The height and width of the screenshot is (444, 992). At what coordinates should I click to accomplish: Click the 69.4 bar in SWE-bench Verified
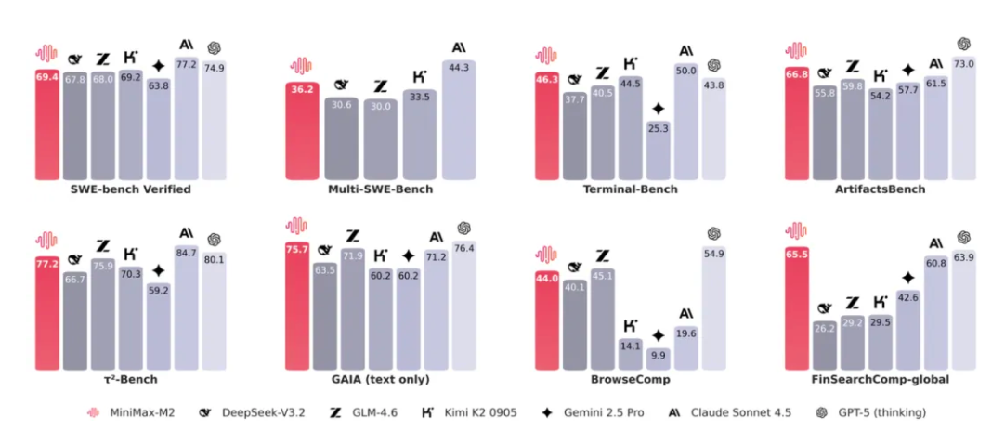pos(46,125)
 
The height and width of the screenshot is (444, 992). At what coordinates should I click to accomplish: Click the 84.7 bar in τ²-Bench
pos(186,307)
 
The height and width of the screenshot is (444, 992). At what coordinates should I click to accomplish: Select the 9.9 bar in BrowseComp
pos(659,359)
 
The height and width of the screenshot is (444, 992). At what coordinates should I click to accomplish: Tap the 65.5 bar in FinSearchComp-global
pos(797,307)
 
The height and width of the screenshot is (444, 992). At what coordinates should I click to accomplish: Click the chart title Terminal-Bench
pos(632,189)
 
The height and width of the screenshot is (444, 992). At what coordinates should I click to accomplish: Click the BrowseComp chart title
pos(631,380)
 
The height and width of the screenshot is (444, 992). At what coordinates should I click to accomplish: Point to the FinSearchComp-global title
pos(881,380)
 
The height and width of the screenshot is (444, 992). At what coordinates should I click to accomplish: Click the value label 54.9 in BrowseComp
pos(713,254)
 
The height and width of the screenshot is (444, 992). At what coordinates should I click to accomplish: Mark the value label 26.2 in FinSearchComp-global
pos(825,328)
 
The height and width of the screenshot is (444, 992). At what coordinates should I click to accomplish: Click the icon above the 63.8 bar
pos(159,66)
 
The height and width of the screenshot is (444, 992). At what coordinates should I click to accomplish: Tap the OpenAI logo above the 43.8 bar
pos(714,65)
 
